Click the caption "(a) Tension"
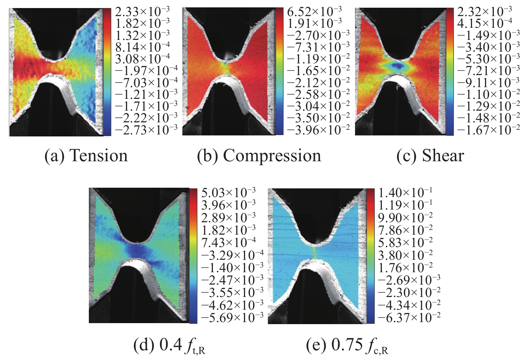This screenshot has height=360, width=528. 86,156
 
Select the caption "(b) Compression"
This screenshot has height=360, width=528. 259,156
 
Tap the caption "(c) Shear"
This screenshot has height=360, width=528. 430,156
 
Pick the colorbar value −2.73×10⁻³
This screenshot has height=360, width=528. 146,130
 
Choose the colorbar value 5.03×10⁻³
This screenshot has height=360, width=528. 228,192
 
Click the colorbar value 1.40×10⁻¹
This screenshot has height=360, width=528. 405,192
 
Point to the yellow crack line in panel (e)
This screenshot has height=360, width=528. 315,253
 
